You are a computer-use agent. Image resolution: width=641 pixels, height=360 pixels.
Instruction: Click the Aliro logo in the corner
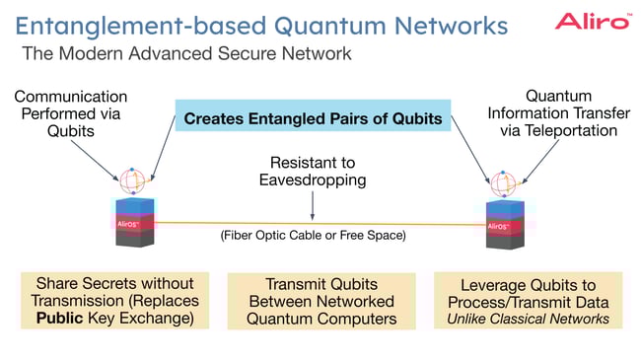pos(592,21)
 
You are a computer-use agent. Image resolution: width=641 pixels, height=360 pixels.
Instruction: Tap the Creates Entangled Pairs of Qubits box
pos(313,120)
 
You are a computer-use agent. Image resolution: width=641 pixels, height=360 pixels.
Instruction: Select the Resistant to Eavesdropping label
pos(313,172)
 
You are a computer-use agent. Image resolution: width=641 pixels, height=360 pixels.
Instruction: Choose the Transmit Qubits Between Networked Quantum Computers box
pos(312,301)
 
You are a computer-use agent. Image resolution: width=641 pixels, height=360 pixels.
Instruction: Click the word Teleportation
pos(578,131)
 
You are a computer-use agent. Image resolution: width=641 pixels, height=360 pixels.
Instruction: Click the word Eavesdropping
pos(313,180)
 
